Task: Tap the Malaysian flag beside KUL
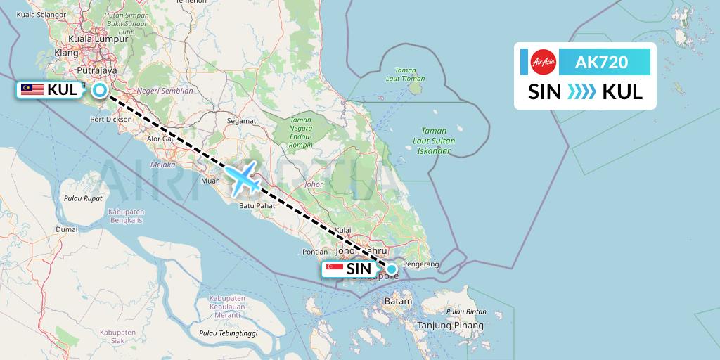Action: tap(32, 89)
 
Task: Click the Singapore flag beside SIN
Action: tap(334, 269)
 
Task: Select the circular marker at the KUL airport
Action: tap(100, 90)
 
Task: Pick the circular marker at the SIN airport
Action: tap(392, 269)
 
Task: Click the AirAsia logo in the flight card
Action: tap(544, 62)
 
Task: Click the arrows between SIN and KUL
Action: tap(581, 92)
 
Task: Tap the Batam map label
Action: tap(398, 302)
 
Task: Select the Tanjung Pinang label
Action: tap(451, 326)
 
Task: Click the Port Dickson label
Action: tap(111, 120)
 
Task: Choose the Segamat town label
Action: tap(241, 121)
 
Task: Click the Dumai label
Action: tap(67, 229)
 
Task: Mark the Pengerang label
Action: tap(420, 264)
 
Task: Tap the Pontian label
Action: tap(314, 252)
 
